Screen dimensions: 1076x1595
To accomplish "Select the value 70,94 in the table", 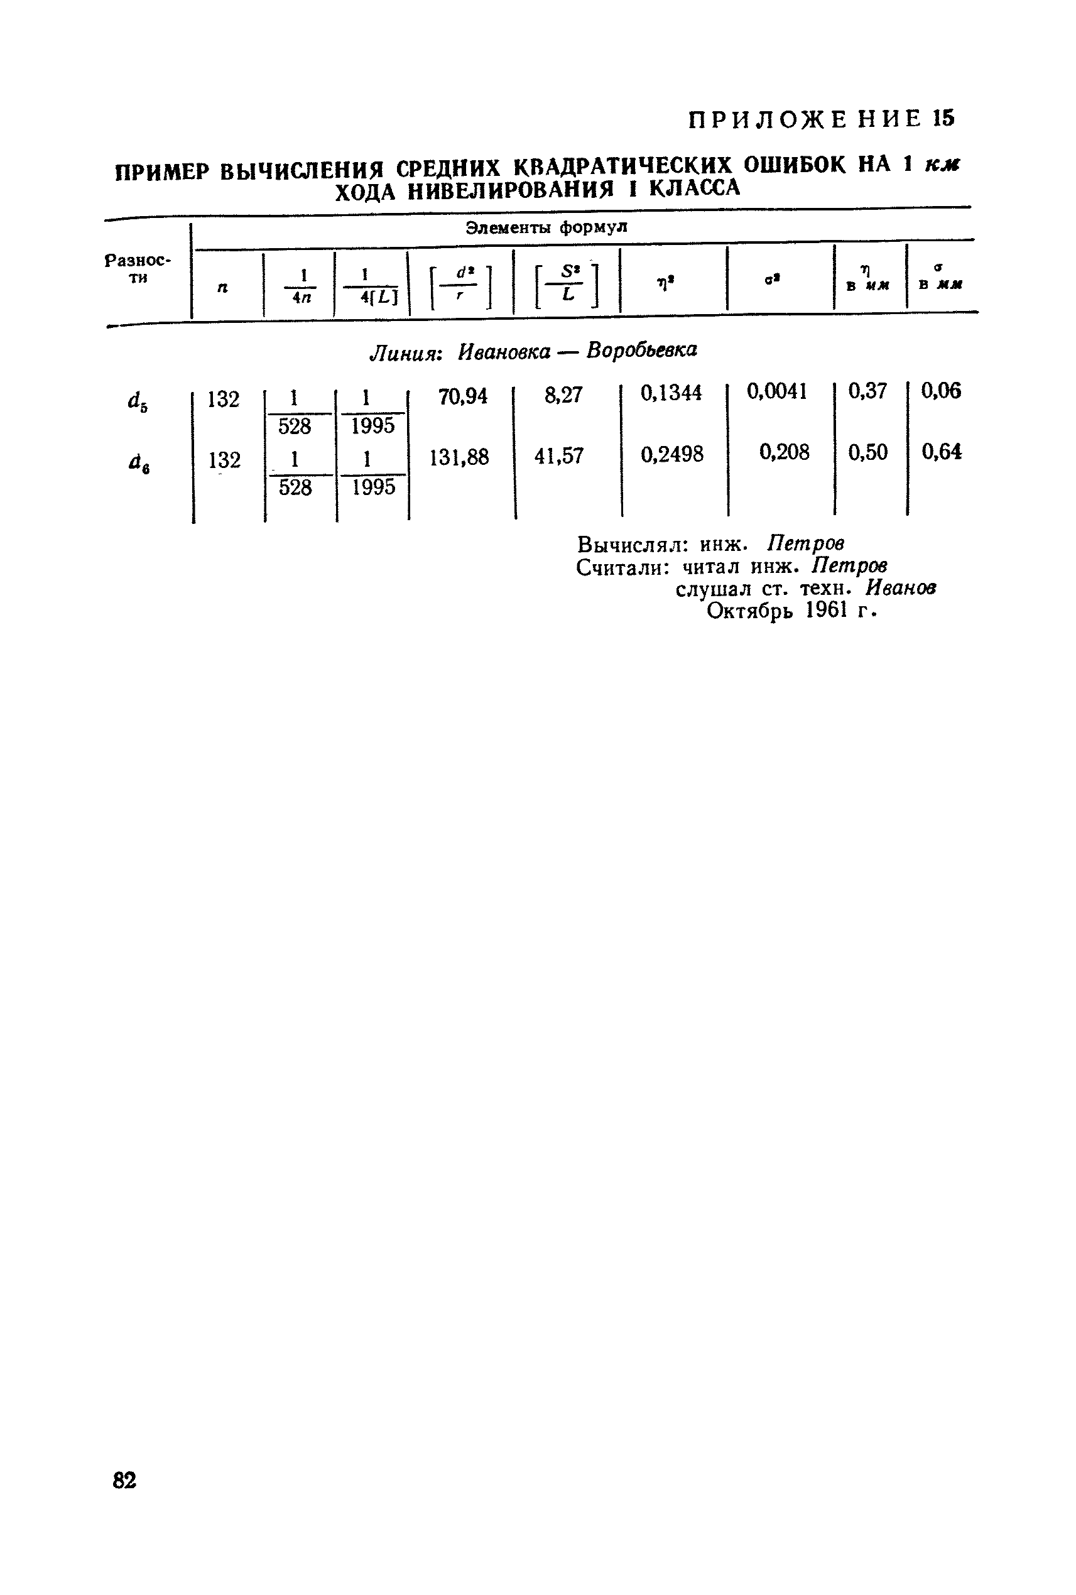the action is pyautogui.click(x=462, y=396).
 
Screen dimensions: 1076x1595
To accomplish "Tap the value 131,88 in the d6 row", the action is pyautogui.click(x=459, y=457).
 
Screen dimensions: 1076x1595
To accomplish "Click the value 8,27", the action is pyautogui.click(x=563, y=395).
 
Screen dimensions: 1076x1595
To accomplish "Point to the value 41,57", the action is pyautogui.click(x=558, y=455).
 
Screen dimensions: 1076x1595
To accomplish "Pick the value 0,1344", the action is pyautogui.click(x=671, y=393).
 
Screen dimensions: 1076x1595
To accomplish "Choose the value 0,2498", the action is pyautogui.click(x=672, y=454).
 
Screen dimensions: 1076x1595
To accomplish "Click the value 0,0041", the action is pyautogui.click(x=777, y=391).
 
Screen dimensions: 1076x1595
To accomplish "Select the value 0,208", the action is pyautogui.click(x=785, y=452).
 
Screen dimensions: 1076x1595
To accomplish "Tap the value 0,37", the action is pyautogui.click(x=867, y=391).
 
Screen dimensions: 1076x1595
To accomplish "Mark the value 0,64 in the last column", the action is pyautogui.click(x=942, y=452).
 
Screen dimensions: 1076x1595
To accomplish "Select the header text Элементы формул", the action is pyautogui.click(x=546, y=227).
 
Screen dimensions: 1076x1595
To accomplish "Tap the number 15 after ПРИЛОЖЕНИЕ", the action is pyautogui.click(x=943, y=119).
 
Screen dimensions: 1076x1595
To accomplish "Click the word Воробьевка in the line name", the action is pyautogui.click(x=641, y=350).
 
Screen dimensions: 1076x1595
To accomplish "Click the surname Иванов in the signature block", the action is pyautogui.click(x=900, y=588).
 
